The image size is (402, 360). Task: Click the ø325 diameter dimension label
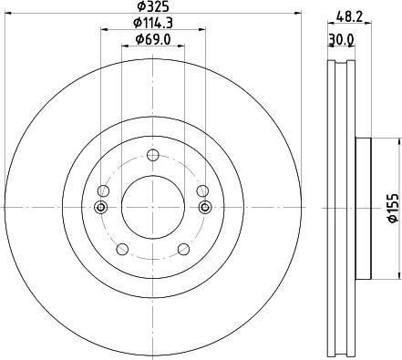point(151,6)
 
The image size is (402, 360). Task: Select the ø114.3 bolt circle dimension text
point(150,22)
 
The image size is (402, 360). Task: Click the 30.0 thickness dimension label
point(341,40)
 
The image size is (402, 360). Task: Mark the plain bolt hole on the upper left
point(103,190)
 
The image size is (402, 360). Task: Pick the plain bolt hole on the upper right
point(201,190)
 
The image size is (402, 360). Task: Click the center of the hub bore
point(152,206)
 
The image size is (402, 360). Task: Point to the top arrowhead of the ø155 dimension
point(398,141)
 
